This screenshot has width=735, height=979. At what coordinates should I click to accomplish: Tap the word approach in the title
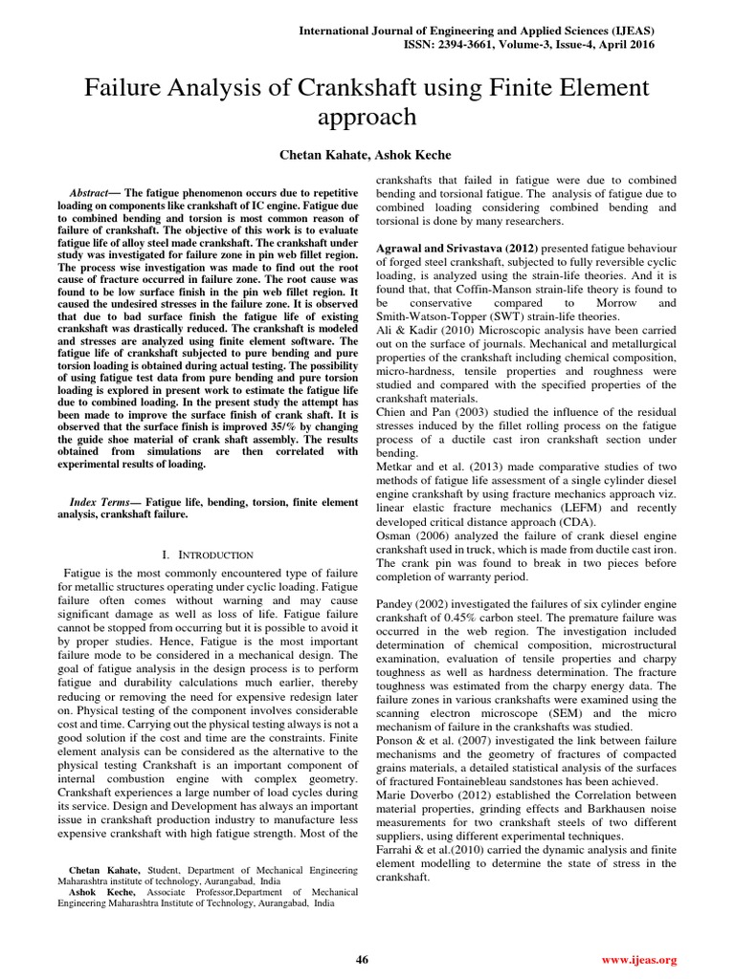point(367,118)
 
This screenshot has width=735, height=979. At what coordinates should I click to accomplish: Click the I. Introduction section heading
point(208,554)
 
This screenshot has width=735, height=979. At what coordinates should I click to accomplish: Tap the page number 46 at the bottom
point(362,959)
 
